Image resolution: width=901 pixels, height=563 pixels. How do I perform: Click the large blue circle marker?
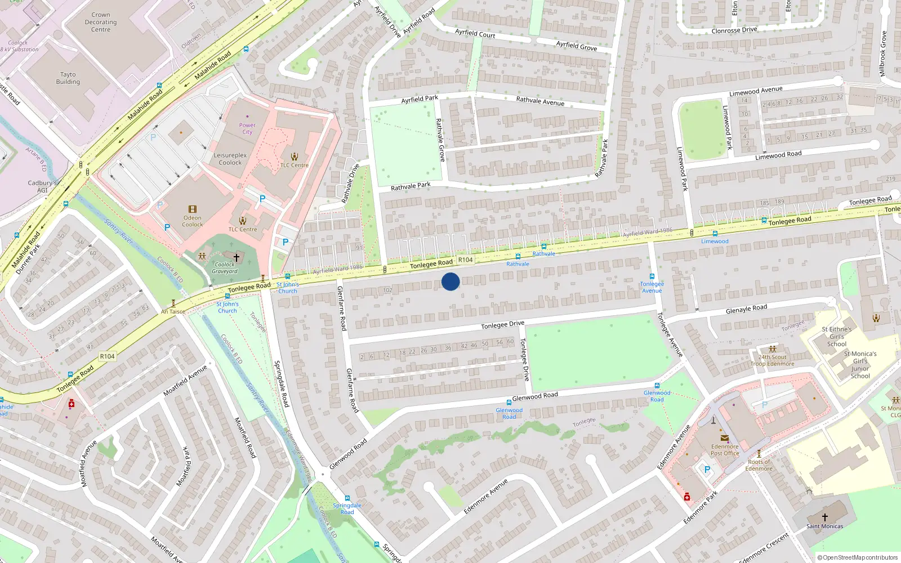click(450, 281)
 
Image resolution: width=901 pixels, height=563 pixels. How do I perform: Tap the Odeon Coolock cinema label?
click(192, 221)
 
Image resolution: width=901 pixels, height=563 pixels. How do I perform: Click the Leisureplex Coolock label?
click(230, 159)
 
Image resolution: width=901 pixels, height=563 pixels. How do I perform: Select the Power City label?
click(247, 128)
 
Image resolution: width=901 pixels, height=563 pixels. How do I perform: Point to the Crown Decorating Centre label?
click(101, 23)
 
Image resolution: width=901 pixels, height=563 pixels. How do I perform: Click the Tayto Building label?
click(68, 78)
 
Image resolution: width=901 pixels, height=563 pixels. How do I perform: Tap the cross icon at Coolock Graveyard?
click(237, 257)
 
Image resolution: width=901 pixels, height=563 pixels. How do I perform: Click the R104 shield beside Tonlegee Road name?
click(465, 260)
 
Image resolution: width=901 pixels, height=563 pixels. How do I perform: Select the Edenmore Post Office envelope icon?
click(724, 438)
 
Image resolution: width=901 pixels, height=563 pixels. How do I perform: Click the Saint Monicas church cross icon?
click(824, 517)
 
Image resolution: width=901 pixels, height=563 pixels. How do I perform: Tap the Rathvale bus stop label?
click(518, 264)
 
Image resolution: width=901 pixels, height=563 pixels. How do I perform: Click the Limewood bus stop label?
click(715, 242)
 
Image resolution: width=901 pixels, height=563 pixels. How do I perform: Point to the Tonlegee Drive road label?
click(502, 325)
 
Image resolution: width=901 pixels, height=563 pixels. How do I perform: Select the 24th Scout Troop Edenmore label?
click(772, 360)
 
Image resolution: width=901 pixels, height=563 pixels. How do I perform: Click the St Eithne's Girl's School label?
click(837, 337)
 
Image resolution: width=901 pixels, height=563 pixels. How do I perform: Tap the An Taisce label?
click(173, 311)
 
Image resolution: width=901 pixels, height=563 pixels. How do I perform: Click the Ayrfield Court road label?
click(475, 34)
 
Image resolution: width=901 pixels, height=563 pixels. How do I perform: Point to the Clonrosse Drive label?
click(734, 30)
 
